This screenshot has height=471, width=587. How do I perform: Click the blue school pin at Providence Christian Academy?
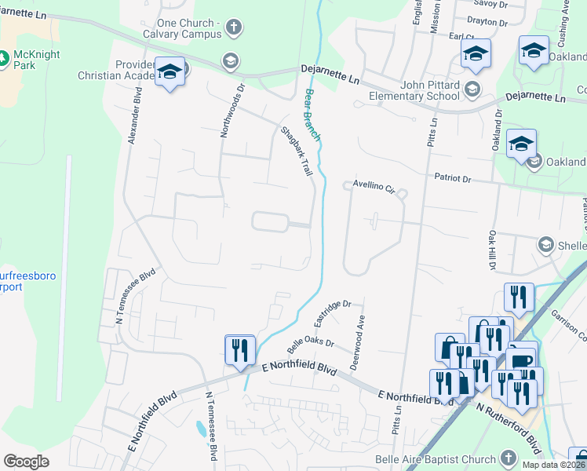170,73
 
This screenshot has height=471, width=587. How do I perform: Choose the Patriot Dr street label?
453,179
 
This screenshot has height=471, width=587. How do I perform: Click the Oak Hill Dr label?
491,250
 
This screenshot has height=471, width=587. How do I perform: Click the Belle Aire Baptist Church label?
445,459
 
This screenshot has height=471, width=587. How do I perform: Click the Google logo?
26,462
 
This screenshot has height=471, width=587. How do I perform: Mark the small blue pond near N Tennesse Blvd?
201,429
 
